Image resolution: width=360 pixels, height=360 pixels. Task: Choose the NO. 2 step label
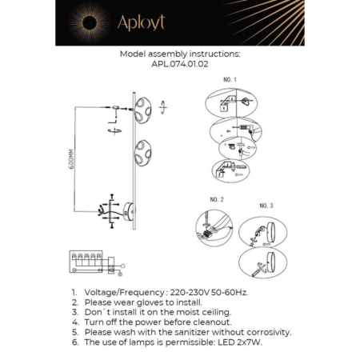click(x=216, y=198)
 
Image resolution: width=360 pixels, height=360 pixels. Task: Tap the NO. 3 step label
click(x=266, y=206)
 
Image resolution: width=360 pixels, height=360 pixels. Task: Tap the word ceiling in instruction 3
click(x=214, y=312)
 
